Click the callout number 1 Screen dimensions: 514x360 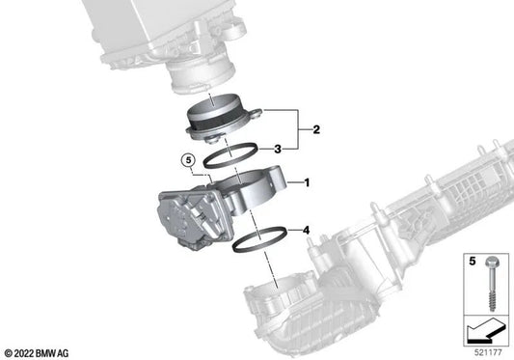click(307, 182)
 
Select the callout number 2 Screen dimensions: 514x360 click(316, 129)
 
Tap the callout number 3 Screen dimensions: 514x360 click(278, 150)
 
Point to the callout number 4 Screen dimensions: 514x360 click(306, 231)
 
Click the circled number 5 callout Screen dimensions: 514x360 click(188, 160)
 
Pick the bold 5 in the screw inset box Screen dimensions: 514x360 click(472, 262)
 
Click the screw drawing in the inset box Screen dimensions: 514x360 click(493, 284)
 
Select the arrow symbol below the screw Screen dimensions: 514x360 click(486, 331)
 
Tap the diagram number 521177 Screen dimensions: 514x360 click(488, 352)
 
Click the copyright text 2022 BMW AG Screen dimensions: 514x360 click(37, 353)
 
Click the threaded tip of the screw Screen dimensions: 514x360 click(493, 304)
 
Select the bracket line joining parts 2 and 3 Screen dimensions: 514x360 click(298, 129)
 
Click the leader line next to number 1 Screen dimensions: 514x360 click(294, 182)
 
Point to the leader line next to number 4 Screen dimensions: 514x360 click(293, 231)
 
